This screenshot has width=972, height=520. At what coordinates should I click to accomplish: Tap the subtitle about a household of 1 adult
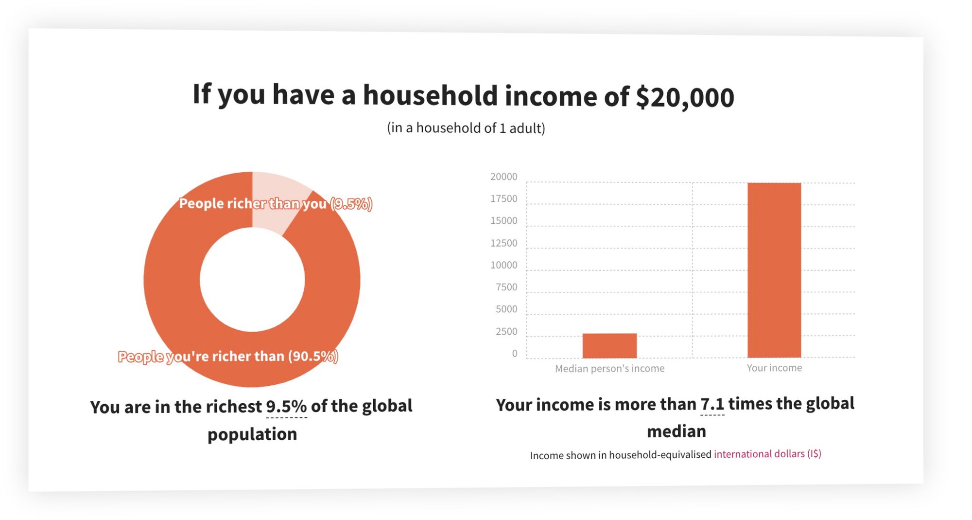point(466,128)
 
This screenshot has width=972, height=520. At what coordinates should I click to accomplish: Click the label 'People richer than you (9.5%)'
point(276,203)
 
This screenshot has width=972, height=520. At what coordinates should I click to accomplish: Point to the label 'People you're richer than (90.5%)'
point(228,356)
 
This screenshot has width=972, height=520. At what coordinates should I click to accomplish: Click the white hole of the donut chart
point(252,279)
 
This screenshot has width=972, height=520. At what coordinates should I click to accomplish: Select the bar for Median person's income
point(609,345)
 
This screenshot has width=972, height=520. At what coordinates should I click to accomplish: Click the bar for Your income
point(774,270)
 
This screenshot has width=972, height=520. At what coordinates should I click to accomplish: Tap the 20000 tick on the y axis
point(503,177)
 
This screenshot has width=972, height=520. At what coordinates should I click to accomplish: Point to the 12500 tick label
point(503,243)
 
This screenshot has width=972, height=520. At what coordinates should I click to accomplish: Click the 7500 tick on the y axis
point(506,287)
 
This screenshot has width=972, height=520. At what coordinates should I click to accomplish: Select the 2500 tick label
point(506,331)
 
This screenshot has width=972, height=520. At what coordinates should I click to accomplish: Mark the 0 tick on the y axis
point(515,354)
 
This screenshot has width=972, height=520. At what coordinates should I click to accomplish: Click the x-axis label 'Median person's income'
point(609,369)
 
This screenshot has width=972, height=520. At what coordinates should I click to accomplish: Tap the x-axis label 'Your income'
point(774,368)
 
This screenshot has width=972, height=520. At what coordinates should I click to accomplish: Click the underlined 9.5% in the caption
point(286,406)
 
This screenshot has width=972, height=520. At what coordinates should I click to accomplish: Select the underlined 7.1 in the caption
point(712,404)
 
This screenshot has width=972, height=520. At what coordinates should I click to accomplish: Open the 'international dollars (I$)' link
point(767,454)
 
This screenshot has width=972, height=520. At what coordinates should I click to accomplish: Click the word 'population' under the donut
point(252,434)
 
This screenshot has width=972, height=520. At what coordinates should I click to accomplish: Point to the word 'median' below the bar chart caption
point(677,431)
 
